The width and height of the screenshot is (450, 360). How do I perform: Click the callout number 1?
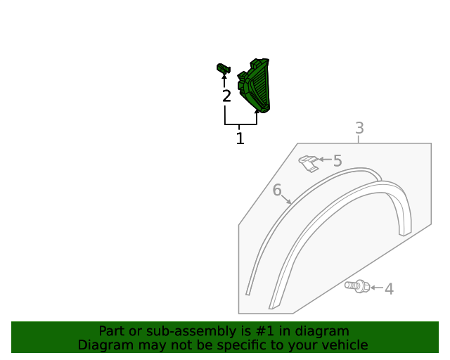click(240, 139)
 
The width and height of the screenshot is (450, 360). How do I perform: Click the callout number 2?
click(226, 96)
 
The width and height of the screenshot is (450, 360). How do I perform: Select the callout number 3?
click(359, 128)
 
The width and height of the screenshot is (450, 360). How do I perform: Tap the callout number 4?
click(389, 288)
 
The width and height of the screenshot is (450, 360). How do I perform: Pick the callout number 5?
click(337, 161)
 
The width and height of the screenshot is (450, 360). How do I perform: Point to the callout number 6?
click(277, 190)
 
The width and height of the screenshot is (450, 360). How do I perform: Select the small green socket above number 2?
click(224, 69)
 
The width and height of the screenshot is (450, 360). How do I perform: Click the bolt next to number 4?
click(357, 286)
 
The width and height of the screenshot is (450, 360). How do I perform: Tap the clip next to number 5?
click(307, 163)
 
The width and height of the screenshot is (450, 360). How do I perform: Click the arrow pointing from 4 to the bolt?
click(376, 288)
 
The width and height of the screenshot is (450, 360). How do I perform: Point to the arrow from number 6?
click(286, 199)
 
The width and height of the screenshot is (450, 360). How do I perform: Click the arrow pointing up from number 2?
click(224, 80)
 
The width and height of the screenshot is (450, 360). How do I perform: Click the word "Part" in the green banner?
click(111, 331)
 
